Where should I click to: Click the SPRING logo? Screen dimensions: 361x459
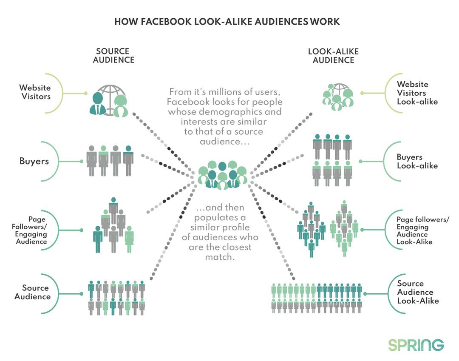coord(416,344)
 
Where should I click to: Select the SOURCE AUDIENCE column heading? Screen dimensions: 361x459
coord(113,56)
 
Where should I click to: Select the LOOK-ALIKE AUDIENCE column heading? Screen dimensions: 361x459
coord(333,56)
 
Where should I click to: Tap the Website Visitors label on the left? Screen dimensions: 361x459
coord(35,92)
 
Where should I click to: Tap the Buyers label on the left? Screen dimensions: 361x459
coord(34,161)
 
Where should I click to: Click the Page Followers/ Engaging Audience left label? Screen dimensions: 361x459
coord(31,230)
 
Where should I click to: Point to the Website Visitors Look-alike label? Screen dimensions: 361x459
coord(412,93)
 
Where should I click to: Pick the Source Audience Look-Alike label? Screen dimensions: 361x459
coord(418,292)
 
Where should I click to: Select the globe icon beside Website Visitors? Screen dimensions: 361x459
coord(109,101)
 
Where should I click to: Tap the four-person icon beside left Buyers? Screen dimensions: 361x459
coord(110,161)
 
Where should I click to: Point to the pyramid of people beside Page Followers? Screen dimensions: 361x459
coord(113,225)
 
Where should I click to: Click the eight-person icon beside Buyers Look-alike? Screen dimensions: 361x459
coord(332,160)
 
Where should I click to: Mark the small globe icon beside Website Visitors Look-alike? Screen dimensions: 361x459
coord(337,97)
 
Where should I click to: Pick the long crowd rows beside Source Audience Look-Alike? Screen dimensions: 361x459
coord(317,298)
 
